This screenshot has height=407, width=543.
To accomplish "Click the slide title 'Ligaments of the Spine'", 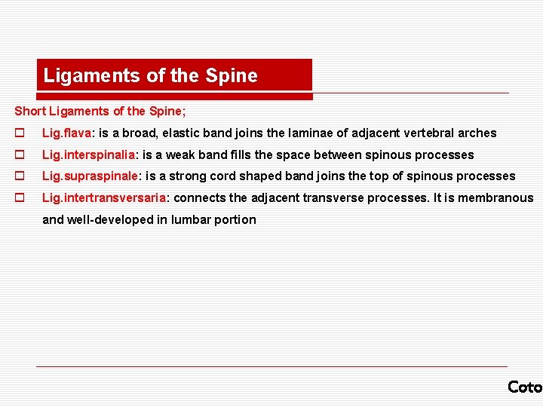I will (x=151, y=75).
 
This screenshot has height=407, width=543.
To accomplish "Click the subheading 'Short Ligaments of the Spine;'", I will (x=99, y=111).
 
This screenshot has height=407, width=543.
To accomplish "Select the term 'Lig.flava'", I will (x=66, y=133).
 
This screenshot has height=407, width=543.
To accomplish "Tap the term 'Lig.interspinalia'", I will (x=89, y=155).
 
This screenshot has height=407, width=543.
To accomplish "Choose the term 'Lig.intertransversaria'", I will (x=103, y=198).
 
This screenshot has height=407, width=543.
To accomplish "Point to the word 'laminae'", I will (x=309, y=133).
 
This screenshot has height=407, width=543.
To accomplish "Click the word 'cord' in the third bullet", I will (x=223, y=176).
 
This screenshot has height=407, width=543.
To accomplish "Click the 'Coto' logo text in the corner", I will (x=525, y=387).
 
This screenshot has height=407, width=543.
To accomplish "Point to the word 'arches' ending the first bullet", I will (x=478, y=133).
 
